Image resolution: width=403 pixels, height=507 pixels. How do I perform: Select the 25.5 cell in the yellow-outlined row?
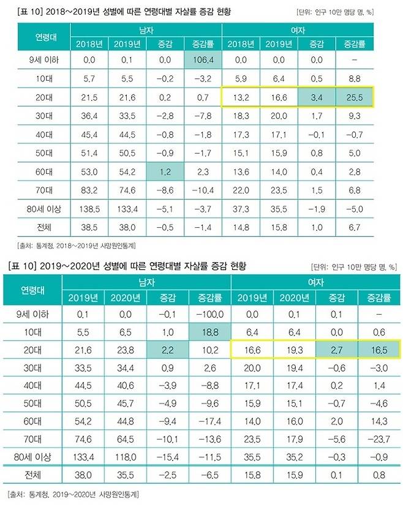(353, 96)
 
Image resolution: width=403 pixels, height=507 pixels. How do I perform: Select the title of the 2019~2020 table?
(116, 267)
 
